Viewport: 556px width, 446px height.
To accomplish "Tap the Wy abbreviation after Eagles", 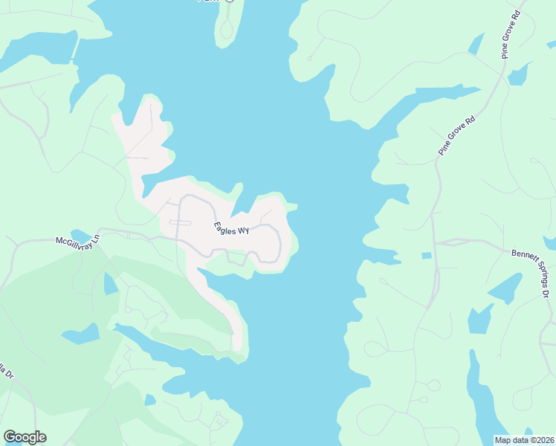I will [242, 232].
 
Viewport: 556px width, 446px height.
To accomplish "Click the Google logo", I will [25, 437].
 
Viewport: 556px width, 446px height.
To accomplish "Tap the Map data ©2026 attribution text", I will [514, 440].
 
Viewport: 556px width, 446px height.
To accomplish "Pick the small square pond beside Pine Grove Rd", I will [426, 256].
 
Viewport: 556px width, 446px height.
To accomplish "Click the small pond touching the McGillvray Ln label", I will [80, 235].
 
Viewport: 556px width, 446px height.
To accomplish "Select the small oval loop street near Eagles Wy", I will [180, 222].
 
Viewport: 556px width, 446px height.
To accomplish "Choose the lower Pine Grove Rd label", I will [456, 135].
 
